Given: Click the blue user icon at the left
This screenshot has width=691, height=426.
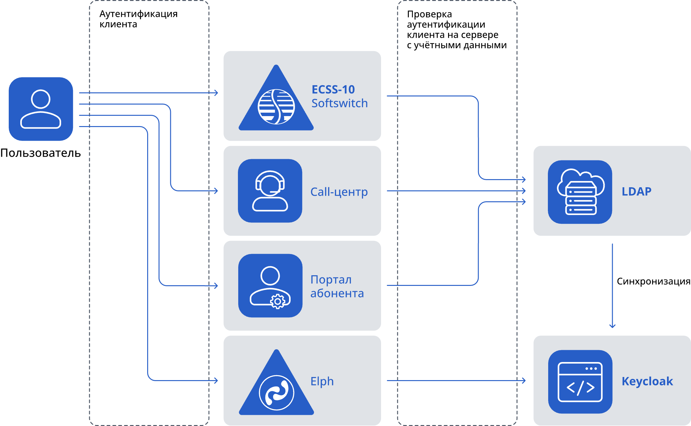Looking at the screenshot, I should (41, 109).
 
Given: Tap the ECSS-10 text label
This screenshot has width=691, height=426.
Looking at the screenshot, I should (333, 90).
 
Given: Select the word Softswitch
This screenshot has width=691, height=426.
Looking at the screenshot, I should (340, 103).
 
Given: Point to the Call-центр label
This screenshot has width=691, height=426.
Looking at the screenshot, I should (339, 192).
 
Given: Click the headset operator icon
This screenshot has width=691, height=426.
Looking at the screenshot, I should (270, 191).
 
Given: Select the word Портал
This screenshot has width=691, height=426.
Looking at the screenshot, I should (331, 280).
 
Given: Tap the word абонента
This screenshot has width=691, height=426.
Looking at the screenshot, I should (337, 293).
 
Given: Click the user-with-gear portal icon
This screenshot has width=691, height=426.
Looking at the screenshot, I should (270, 286).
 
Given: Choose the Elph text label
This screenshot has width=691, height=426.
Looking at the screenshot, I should (322, 381).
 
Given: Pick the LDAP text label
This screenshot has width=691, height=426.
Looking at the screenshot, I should (636, 191).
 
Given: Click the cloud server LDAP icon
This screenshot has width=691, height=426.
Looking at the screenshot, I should (580, 192).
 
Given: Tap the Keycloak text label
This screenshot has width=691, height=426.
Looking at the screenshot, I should (647, 381).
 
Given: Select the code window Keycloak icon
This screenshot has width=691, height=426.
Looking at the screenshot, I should (580, 382).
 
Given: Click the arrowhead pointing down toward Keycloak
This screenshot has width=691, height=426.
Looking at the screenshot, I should (612, 326).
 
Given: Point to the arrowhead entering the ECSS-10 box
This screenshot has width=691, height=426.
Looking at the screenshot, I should (216, 93).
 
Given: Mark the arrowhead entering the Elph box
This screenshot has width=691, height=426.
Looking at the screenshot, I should (216, 380).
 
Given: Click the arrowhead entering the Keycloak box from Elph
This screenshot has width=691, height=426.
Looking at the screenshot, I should (524, 380).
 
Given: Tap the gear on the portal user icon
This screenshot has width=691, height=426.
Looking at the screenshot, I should (278, 301).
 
